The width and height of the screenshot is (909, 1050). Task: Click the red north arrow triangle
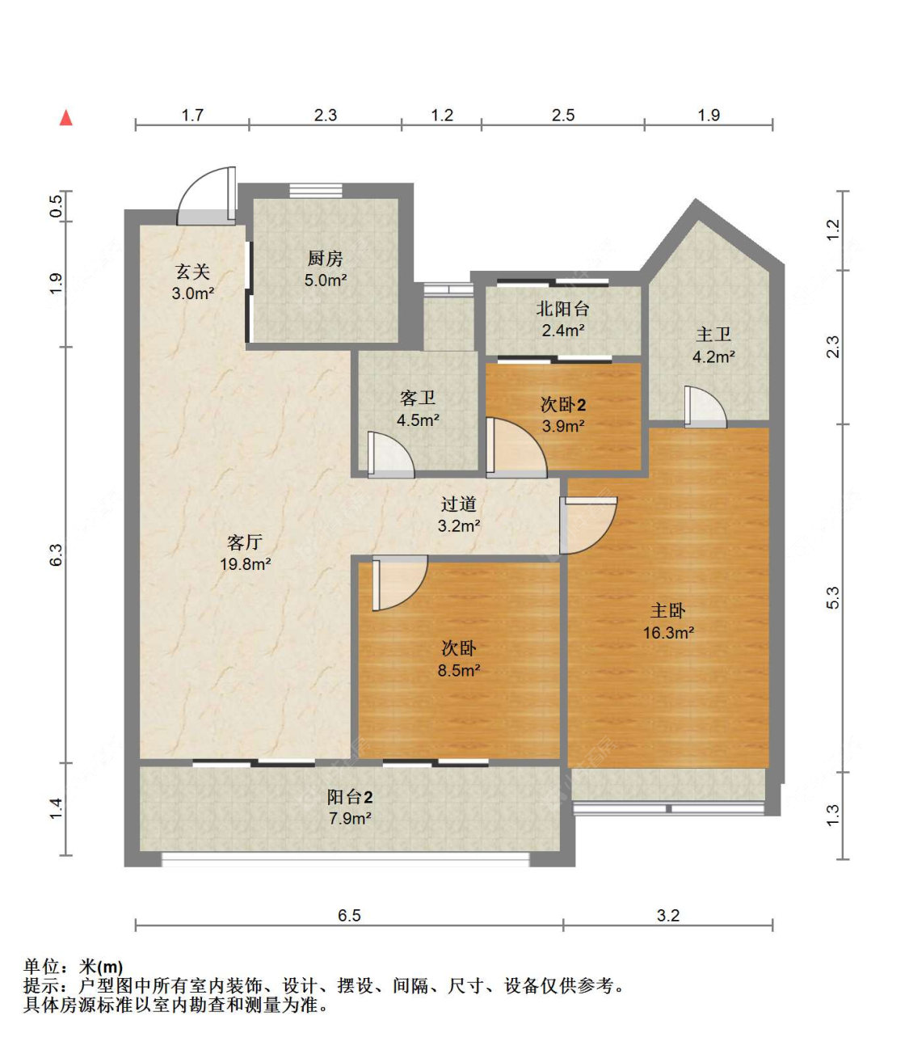coord(66,118)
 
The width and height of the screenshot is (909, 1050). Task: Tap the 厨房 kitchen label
coord(326,269)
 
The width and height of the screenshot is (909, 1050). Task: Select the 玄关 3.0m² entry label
coord(192,282)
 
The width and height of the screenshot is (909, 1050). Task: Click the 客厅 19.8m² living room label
coord(246,553)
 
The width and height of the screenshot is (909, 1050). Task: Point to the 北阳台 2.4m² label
coord(563,319)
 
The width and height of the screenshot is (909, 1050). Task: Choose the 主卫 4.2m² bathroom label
coord(713,345)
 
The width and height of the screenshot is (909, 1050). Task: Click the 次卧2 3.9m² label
coord(563,415)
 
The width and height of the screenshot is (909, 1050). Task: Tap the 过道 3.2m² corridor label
coord(459,515)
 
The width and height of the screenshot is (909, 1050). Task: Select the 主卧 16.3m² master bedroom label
coord(668,622)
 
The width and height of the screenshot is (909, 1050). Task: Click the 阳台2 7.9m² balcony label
coord(350,808)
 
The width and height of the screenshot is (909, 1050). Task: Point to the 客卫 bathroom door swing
coord(390,454)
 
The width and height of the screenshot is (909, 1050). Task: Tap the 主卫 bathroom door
coord(705,407)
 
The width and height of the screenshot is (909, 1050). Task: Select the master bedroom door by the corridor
coord(588,525)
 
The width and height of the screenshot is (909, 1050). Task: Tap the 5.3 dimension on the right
coord(833,597)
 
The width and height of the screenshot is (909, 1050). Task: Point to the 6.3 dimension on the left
coord(56,555)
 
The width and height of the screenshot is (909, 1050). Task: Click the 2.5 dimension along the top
coord(563,116)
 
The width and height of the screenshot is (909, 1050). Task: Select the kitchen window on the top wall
coord(316,191)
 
